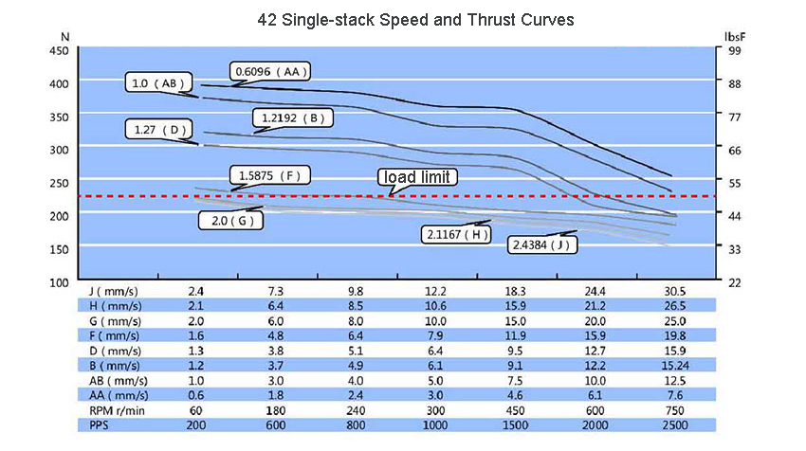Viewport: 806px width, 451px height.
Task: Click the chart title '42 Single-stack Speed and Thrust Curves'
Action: (403, 19)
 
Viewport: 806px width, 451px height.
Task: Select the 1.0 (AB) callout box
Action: (160, 84)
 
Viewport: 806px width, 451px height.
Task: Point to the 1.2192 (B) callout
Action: (291, 118)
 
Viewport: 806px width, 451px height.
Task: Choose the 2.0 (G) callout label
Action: (230, 221)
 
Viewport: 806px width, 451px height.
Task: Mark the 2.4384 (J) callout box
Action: (544, 244)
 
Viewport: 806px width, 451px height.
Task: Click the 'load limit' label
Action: (418, 177)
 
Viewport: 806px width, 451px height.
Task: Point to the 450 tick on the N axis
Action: (58, 50)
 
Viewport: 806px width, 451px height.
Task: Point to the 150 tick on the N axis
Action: (58, 249)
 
